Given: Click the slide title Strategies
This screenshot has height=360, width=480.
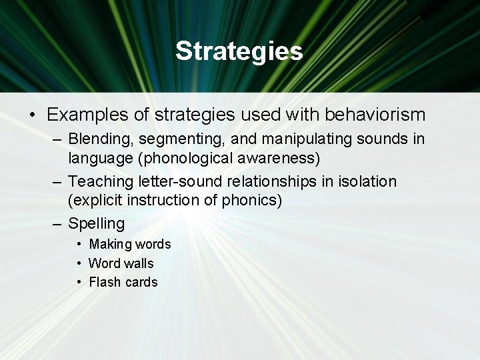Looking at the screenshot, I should coord(239,51).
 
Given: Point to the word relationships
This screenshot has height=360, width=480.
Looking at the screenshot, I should coord(252,181).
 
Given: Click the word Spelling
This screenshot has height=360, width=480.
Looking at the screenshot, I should coord(96,223).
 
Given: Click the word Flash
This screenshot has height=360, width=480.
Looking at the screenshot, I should coord(103,282).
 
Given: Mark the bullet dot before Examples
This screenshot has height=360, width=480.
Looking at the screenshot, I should coord(33,115).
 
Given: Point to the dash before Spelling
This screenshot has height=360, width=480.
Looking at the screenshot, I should coord(57,223).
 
